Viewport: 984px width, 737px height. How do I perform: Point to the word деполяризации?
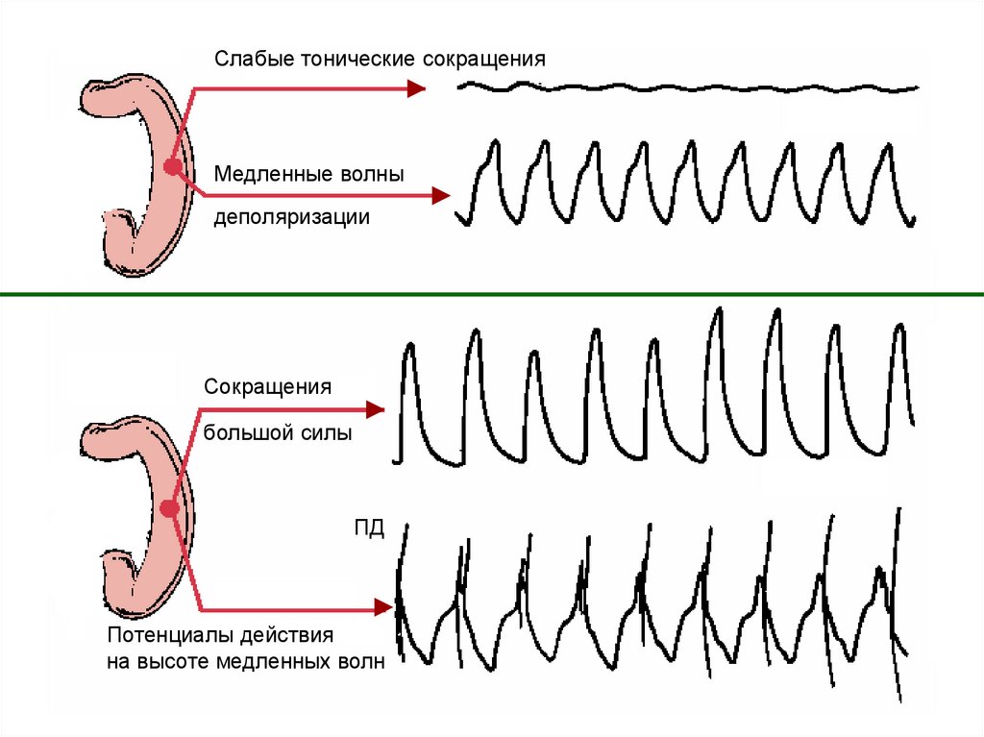tap(291, 217)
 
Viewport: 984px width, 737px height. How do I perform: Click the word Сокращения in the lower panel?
tap(267, 387)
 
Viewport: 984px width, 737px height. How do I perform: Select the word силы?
tap(329, 433)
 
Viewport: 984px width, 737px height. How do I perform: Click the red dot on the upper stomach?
tap(172, 167)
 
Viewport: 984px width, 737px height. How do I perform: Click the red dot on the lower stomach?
tap(170, 509)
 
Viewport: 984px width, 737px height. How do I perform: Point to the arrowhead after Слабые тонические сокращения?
tap(415, 88)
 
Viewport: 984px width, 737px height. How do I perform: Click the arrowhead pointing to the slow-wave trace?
tap(441, 196)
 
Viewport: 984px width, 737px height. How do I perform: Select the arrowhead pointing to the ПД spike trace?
tap(383, 606)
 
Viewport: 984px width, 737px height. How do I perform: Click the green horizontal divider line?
tap(492, 294)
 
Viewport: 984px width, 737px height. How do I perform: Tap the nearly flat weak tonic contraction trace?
tap(688, 88)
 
